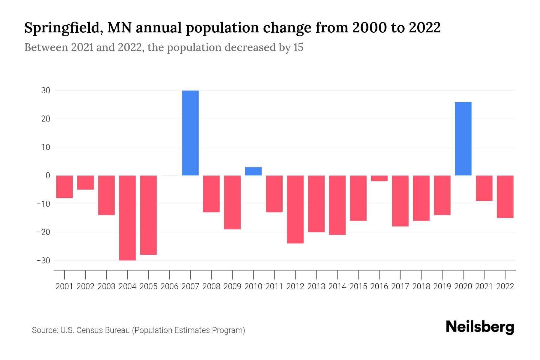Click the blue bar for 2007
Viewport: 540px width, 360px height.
pos(190,133)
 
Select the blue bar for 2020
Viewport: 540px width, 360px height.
pos(463,139)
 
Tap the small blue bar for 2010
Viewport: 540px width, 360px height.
pos(253,171)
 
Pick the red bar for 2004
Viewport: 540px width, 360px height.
pos(127,218)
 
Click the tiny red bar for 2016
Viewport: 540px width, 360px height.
pos(379,178)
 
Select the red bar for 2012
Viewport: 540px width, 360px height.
pos(295,209)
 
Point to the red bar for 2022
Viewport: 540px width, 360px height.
pos(505,196)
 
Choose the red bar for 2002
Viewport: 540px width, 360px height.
pos(85,182)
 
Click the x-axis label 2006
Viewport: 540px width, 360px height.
pos(169,286)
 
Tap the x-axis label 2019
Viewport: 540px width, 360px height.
pos(442,286)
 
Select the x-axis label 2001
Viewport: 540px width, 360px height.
pos(64,286)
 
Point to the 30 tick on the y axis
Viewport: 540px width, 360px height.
pos(46,91)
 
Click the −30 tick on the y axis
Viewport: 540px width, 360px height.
pos(43,260)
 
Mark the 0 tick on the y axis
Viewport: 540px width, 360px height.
pos(48,175)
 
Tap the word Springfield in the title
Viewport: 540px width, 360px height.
pos(61,28)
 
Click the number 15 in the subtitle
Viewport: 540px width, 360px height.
pos(298,47)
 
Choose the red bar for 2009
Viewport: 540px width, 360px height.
pos(232,202)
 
